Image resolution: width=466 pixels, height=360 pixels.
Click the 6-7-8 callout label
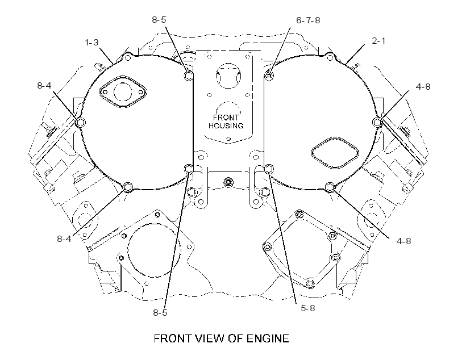(308, 20)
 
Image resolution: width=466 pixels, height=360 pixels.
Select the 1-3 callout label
(91, 43)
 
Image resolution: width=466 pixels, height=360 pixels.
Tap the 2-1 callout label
(378, 41)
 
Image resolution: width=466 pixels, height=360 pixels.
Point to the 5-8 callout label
(308, 308)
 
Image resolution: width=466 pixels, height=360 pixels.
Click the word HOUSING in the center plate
(226, 125)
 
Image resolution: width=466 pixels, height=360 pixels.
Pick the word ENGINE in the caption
(268, 338)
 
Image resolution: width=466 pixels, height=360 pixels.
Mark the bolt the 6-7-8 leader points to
(269, 75)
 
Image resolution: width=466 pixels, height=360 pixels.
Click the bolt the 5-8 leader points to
(269, 169)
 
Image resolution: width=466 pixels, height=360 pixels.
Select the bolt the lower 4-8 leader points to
(330, 187)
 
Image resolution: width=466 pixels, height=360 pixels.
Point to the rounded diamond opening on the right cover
(335, 153)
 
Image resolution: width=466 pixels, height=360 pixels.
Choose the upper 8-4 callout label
(44, 86)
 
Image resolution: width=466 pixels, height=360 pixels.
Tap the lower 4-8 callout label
(403, 241)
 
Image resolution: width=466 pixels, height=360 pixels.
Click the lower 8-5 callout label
(160, 312)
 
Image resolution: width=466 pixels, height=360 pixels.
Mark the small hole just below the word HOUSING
(228, 139)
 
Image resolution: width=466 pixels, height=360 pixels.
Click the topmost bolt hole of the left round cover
(128, 57)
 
